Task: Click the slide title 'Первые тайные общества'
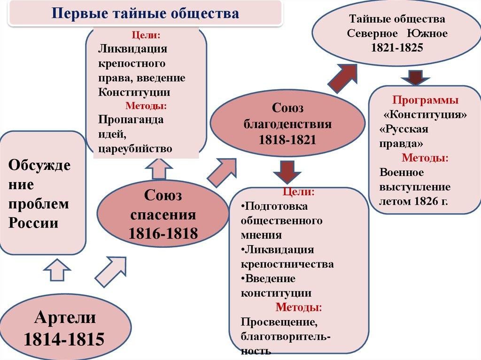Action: pyautogui.click(x=146, y=13)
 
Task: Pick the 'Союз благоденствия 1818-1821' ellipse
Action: pyautogui.click(x=287, y=124)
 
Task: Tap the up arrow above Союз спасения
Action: pyautogui.click(x=159, y=168)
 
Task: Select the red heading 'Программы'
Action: pyautogui.click(x=426, y=100)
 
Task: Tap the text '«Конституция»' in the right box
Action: pyautogui.click(x=426, y=115)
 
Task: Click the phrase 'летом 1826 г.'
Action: pyautogui.click(x=413, y=201)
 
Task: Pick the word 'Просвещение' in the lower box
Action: pyautogui.click(x=276, y=322)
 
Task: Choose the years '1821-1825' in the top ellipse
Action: pyautogui.click(x=397, y=48)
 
